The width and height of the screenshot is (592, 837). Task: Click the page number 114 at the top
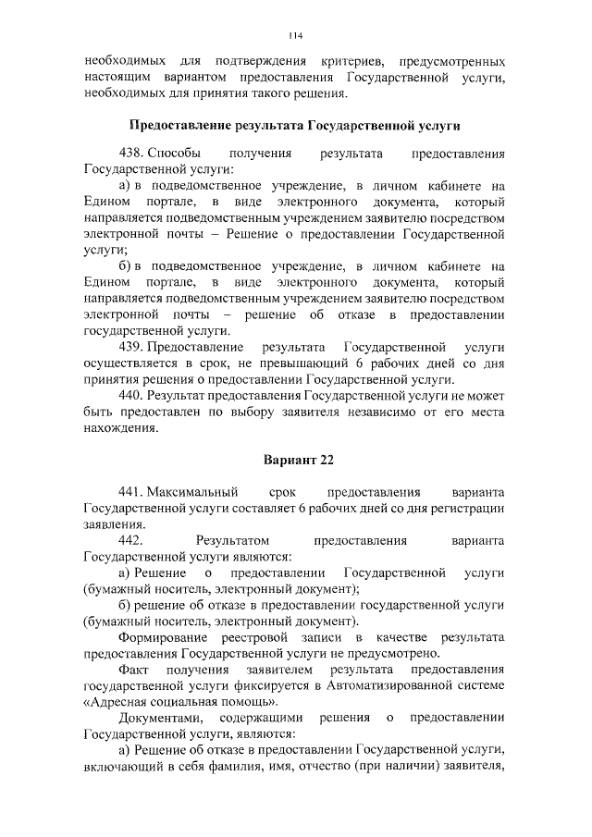295,36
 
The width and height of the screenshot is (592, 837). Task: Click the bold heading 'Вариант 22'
295,460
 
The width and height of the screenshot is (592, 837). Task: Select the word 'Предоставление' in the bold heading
176,124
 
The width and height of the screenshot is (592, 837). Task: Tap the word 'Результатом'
231,539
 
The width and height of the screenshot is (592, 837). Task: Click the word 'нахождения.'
120,428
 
